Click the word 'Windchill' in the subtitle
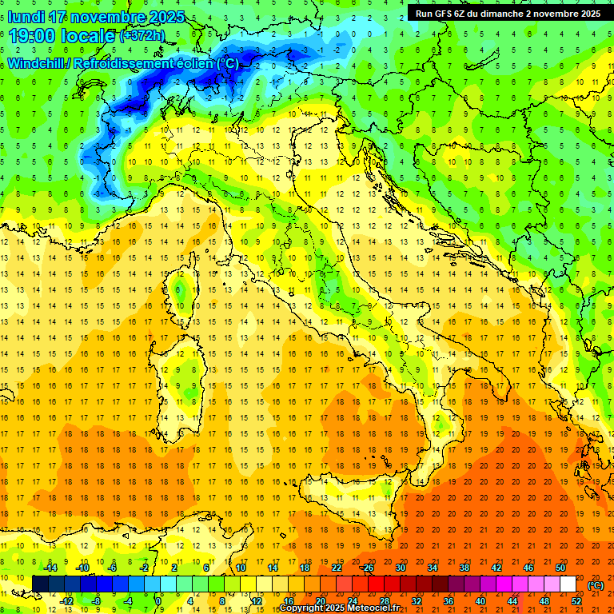click(37, 63)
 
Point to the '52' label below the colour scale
click(576, 600)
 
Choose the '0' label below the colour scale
click(158, 600)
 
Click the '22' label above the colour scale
click(336, 567)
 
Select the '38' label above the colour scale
click(464, 567)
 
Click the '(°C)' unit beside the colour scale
click(596, 584)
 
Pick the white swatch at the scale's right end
click(568, 584)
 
